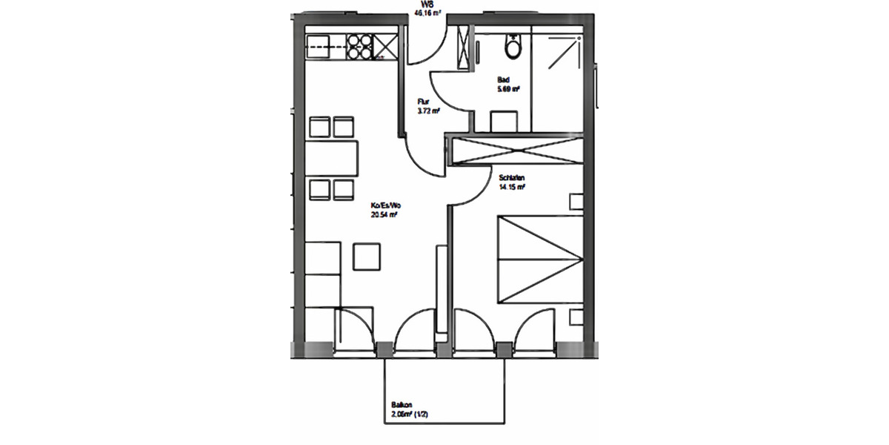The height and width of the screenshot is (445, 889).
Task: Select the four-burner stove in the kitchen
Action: pos(360,47)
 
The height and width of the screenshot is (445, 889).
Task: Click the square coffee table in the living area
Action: pos(368,257)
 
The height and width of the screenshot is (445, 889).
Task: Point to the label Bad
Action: pos(503,80)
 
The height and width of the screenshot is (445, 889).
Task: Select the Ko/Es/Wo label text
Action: pos(386,205)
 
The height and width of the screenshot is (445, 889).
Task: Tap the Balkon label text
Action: pos(402,406)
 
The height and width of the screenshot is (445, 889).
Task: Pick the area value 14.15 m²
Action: pos(512,187)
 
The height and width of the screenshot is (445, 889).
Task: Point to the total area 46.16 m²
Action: pos(428,13)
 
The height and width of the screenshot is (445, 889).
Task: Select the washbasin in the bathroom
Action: pos(504,119)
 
